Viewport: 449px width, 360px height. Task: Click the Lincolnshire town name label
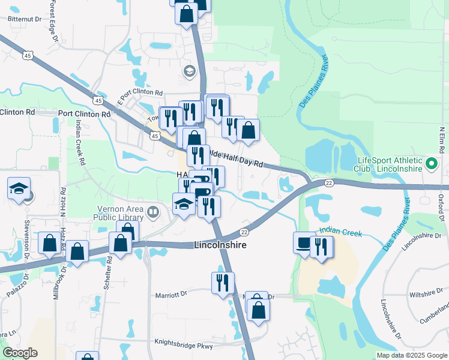[x=220, y=245]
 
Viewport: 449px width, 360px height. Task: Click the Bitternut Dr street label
[x=25, y=19]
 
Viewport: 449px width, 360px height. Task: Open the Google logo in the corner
[x=20, y=353]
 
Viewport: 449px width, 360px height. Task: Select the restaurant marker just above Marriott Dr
[x=223, y=282]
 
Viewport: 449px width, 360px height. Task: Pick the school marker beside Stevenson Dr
[x=19, y=188]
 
